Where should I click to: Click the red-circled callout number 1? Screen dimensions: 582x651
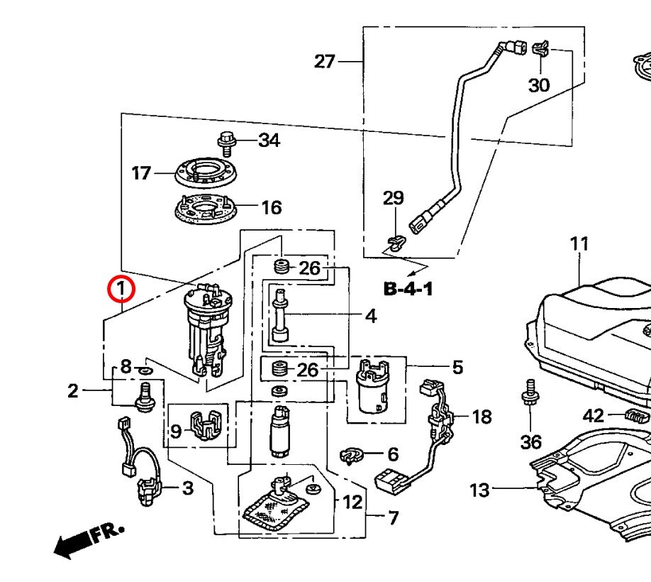pos(120,290)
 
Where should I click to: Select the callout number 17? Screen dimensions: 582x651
pos(141,172)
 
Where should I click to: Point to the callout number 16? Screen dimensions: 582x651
pos(271,207)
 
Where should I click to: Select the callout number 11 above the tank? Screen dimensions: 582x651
pos(579,244)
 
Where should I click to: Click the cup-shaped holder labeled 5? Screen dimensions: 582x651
pos(372,391)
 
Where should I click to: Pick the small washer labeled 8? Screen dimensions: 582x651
pos(144,370)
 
